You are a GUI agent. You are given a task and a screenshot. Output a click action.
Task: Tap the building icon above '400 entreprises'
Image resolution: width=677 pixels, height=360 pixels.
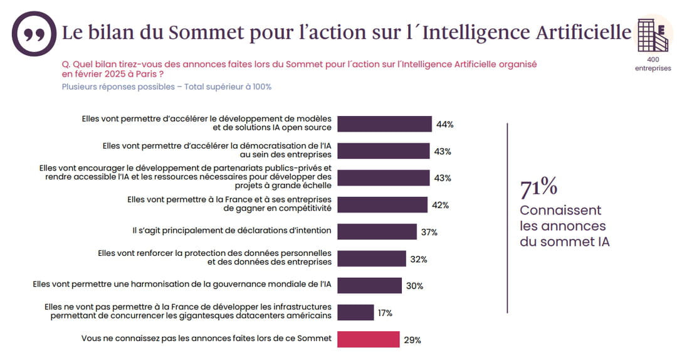(x=652, y=35)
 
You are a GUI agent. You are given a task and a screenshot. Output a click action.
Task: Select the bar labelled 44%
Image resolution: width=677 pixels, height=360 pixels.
(x=384, y=124)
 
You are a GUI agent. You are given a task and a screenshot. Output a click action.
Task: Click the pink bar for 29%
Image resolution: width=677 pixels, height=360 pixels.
(x=369, y=339)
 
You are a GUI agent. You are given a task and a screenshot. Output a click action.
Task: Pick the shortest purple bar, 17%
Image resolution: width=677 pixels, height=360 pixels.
(x=355, y=312)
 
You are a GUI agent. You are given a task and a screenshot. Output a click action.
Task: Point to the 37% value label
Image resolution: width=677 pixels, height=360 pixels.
(x=429, y=232)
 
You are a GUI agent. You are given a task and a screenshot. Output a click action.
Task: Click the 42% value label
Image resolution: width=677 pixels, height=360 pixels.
(x=441, y=205)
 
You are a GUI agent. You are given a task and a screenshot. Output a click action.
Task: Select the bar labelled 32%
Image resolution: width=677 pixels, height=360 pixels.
(x=372, y=258)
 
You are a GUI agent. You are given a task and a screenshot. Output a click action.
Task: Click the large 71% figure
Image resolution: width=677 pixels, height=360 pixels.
(x=538, y=187)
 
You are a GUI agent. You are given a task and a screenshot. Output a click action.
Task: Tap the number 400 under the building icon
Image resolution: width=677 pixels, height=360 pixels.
(x=653, y=60)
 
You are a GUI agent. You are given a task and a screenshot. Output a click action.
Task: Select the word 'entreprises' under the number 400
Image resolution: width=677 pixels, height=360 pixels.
(x=653, y=68)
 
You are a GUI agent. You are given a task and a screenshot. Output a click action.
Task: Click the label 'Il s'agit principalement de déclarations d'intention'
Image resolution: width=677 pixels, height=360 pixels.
(x=232, y=231)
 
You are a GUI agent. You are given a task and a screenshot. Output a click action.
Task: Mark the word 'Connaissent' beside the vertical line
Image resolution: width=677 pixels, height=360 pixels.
(x=560, y=210)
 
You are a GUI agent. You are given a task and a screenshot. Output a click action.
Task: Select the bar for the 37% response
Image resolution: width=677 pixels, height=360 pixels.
(x=377, y=231)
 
